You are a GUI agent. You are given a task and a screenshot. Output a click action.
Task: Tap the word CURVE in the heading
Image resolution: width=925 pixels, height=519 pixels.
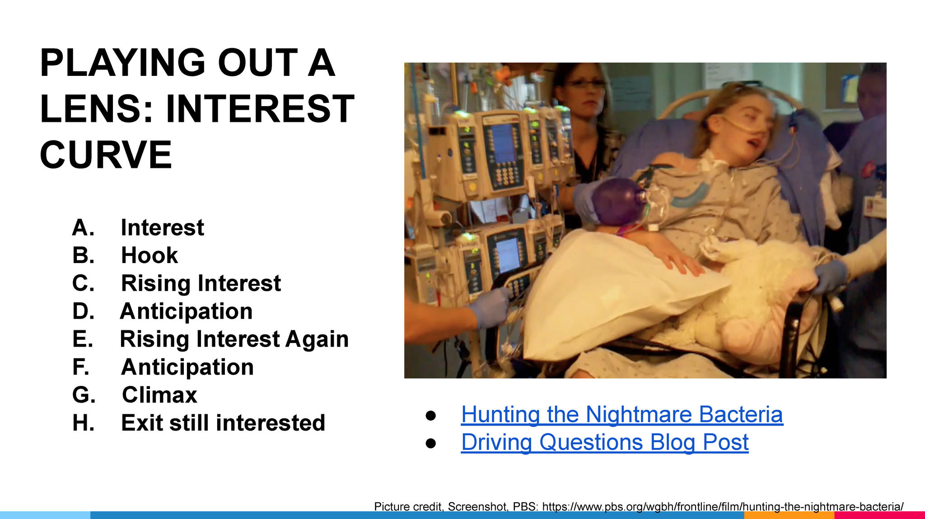(106, 154)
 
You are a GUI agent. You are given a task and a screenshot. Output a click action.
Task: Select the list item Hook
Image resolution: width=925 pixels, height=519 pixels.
(149, 255)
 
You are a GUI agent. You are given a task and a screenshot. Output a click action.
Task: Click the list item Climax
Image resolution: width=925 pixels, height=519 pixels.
(159, 395)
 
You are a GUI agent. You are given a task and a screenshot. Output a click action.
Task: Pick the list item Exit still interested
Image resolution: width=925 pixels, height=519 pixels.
(223, 423)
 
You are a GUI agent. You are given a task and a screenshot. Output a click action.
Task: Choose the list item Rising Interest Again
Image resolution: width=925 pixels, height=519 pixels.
(234, 339)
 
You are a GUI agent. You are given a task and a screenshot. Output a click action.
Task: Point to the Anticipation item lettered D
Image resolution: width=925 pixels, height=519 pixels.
(186, 311)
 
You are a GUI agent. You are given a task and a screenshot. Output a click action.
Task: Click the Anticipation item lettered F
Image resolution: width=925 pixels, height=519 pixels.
(187, 367)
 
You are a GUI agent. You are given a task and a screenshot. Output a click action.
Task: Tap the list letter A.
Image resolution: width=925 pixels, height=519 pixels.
(83, 227)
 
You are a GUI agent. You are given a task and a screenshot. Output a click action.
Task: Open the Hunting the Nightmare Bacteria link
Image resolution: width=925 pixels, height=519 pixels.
(622, 414)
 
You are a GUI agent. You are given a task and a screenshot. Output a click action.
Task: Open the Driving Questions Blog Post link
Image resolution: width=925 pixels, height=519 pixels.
(605, 442)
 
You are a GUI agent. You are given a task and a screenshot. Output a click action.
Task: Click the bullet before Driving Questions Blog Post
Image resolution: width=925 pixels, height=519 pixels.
(431, 444)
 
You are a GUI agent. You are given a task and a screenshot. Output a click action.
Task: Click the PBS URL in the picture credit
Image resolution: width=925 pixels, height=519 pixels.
(723, 506)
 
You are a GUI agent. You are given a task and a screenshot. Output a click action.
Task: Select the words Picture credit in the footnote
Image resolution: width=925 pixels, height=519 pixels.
(407, 506)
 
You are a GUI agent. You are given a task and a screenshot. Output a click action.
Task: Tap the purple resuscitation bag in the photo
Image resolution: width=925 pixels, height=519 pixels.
(615, 201)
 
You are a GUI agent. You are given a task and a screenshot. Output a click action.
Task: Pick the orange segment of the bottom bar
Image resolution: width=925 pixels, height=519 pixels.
(789, 515)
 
